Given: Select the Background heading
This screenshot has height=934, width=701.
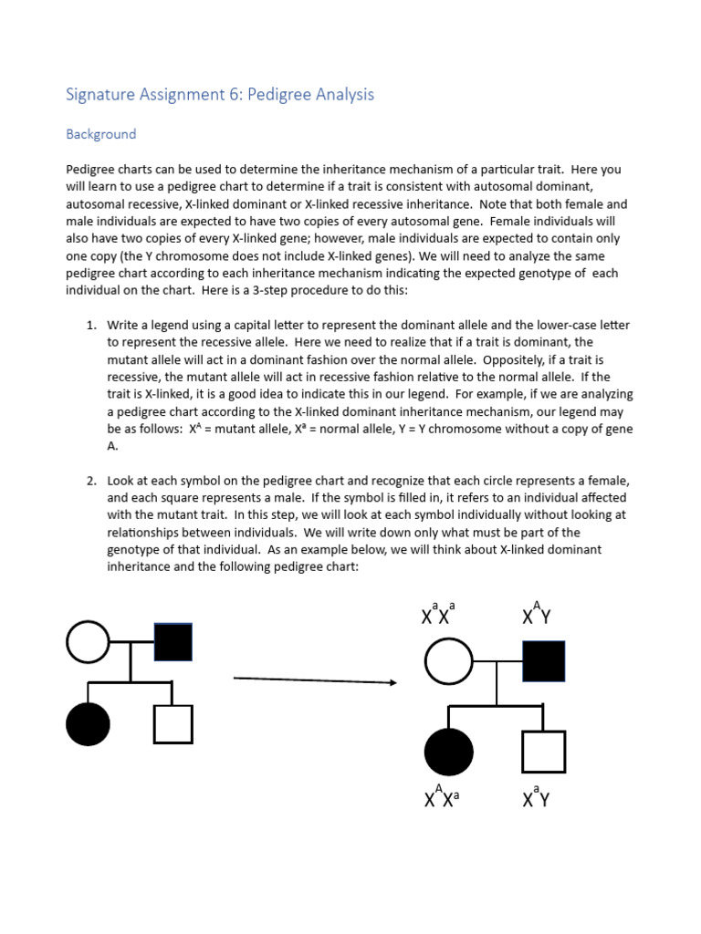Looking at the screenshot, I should [x=100, y=134].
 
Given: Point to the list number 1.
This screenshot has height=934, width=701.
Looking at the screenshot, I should [x=91, y=326].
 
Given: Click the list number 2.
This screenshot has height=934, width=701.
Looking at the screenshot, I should [x=91, y=481].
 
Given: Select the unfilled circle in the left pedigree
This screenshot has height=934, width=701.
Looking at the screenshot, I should [x=89, y=642].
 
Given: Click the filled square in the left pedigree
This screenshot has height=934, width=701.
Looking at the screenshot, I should [x=173, y=642].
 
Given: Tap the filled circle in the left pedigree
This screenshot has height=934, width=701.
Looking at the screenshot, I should [x=89, y=724].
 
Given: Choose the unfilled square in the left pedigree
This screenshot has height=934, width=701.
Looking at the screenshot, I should [x=173, y=724].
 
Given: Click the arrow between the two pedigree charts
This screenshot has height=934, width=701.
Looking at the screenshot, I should [x=315, y=680].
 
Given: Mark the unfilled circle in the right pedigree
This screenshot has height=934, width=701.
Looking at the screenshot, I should [x=449, y=661].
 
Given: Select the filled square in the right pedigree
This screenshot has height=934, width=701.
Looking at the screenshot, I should [x=543, y=661].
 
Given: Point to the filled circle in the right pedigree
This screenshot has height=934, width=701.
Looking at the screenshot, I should [x=449, y=752].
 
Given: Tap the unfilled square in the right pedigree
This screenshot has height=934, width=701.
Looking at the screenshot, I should [x=543, y=752].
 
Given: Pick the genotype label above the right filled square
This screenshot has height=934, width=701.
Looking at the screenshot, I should [x=537, y=615].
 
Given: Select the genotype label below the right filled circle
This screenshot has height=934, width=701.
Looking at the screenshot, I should [x=442, y=798].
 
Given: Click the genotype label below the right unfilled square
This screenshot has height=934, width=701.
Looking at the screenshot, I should [x=537, y=798].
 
